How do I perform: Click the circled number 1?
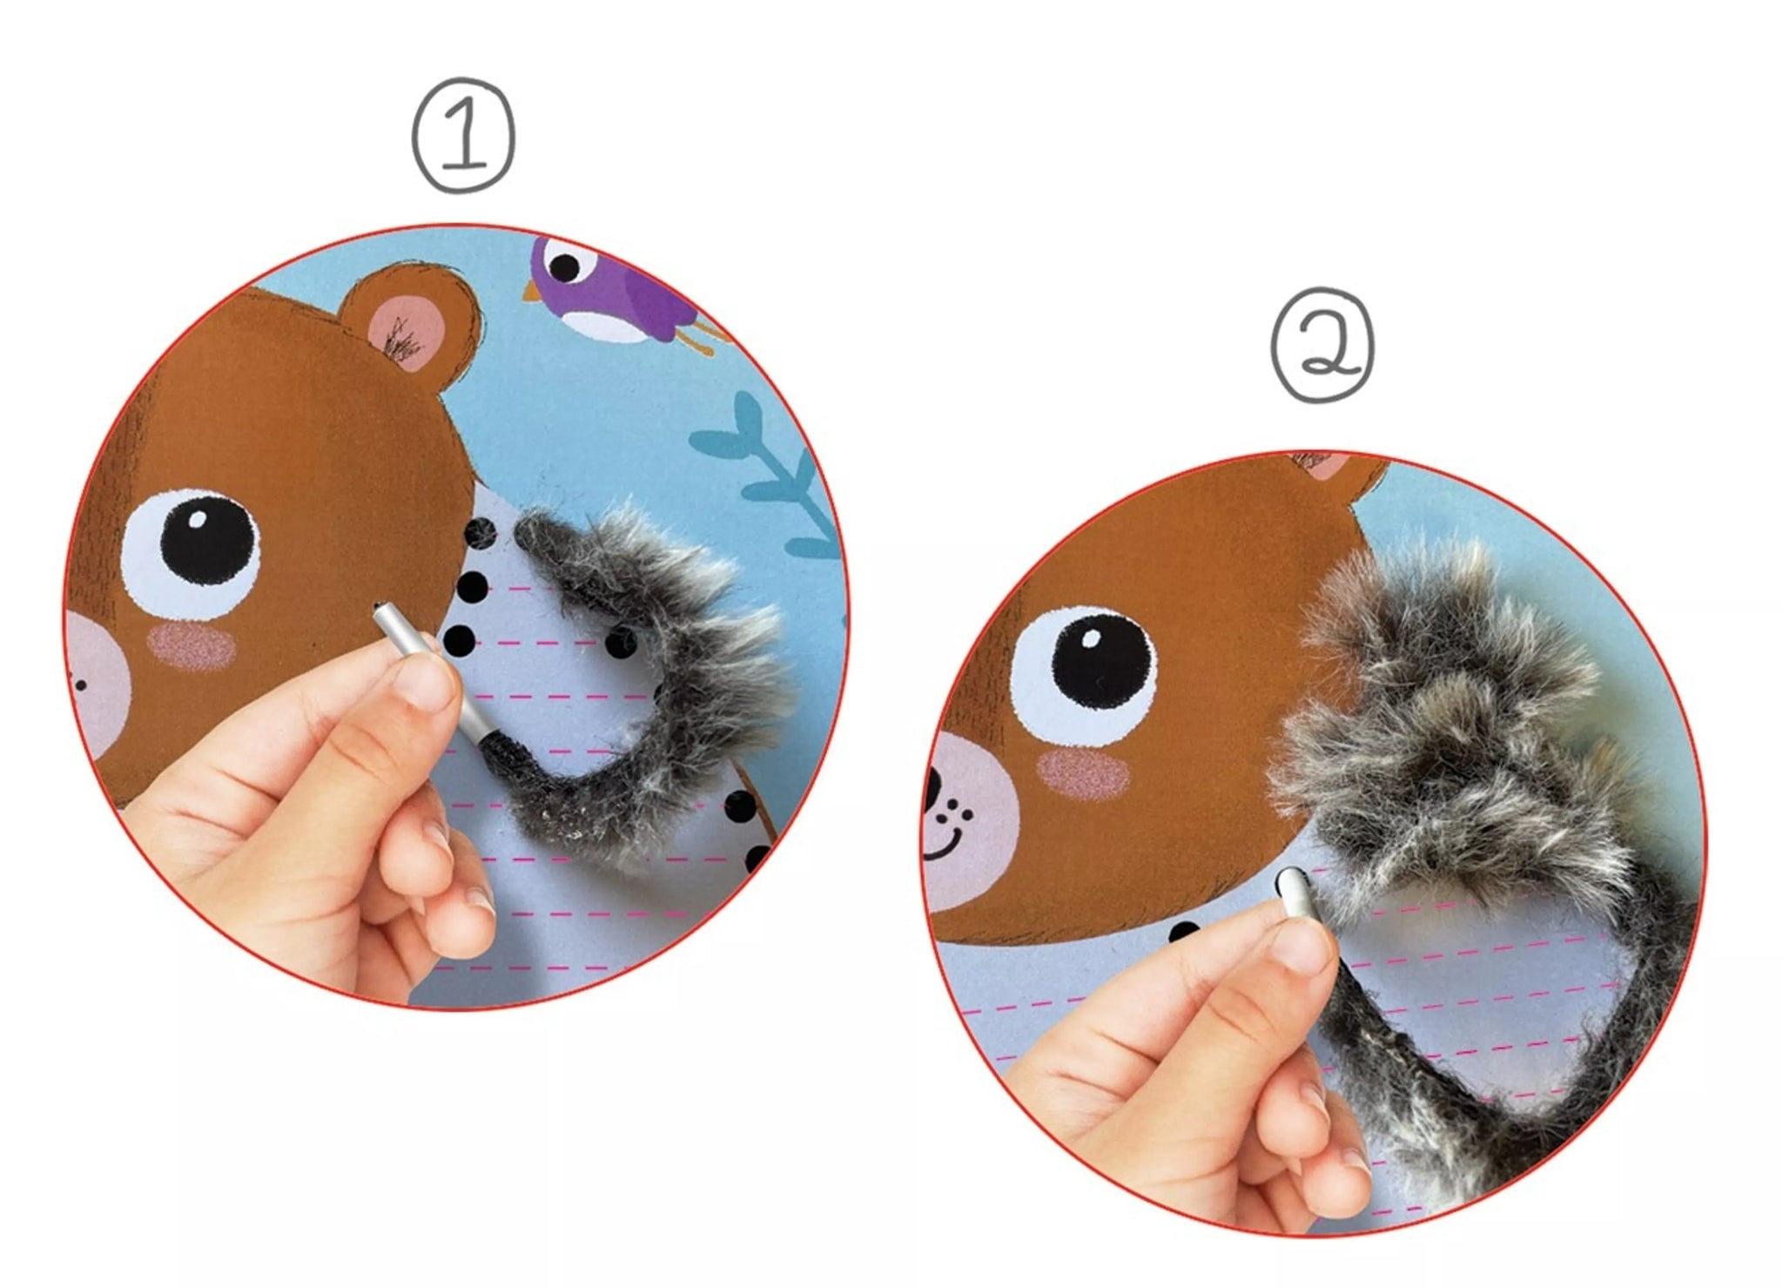463,135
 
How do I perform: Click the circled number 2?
1322,344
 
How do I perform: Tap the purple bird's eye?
565,266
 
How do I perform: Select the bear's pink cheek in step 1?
192,647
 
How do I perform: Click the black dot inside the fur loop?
620,644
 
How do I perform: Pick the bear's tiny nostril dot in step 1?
80,685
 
